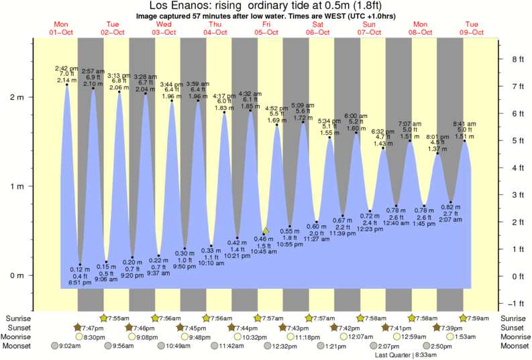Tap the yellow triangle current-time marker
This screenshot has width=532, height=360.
266,230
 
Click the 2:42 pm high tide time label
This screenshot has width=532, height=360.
66,67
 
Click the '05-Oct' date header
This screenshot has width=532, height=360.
266,32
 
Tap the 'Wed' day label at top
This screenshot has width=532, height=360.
164,25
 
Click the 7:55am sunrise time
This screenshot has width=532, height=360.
119,318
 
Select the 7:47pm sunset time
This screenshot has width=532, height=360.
93,327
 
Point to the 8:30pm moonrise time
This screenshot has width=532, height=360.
93,337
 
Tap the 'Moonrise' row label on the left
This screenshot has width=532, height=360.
19,337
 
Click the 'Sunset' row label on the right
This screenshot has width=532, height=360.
513,327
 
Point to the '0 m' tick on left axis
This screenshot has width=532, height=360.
16,276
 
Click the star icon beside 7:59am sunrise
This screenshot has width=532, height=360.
463,318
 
